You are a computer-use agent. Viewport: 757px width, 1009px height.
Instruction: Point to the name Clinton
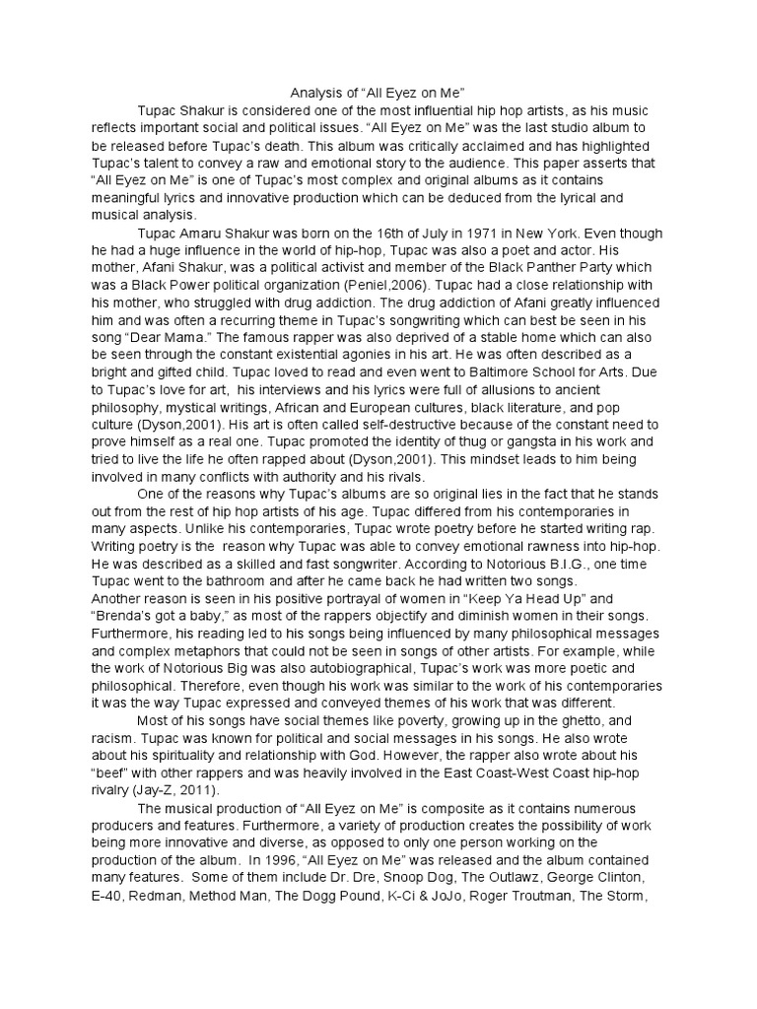tap(620, 876)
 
